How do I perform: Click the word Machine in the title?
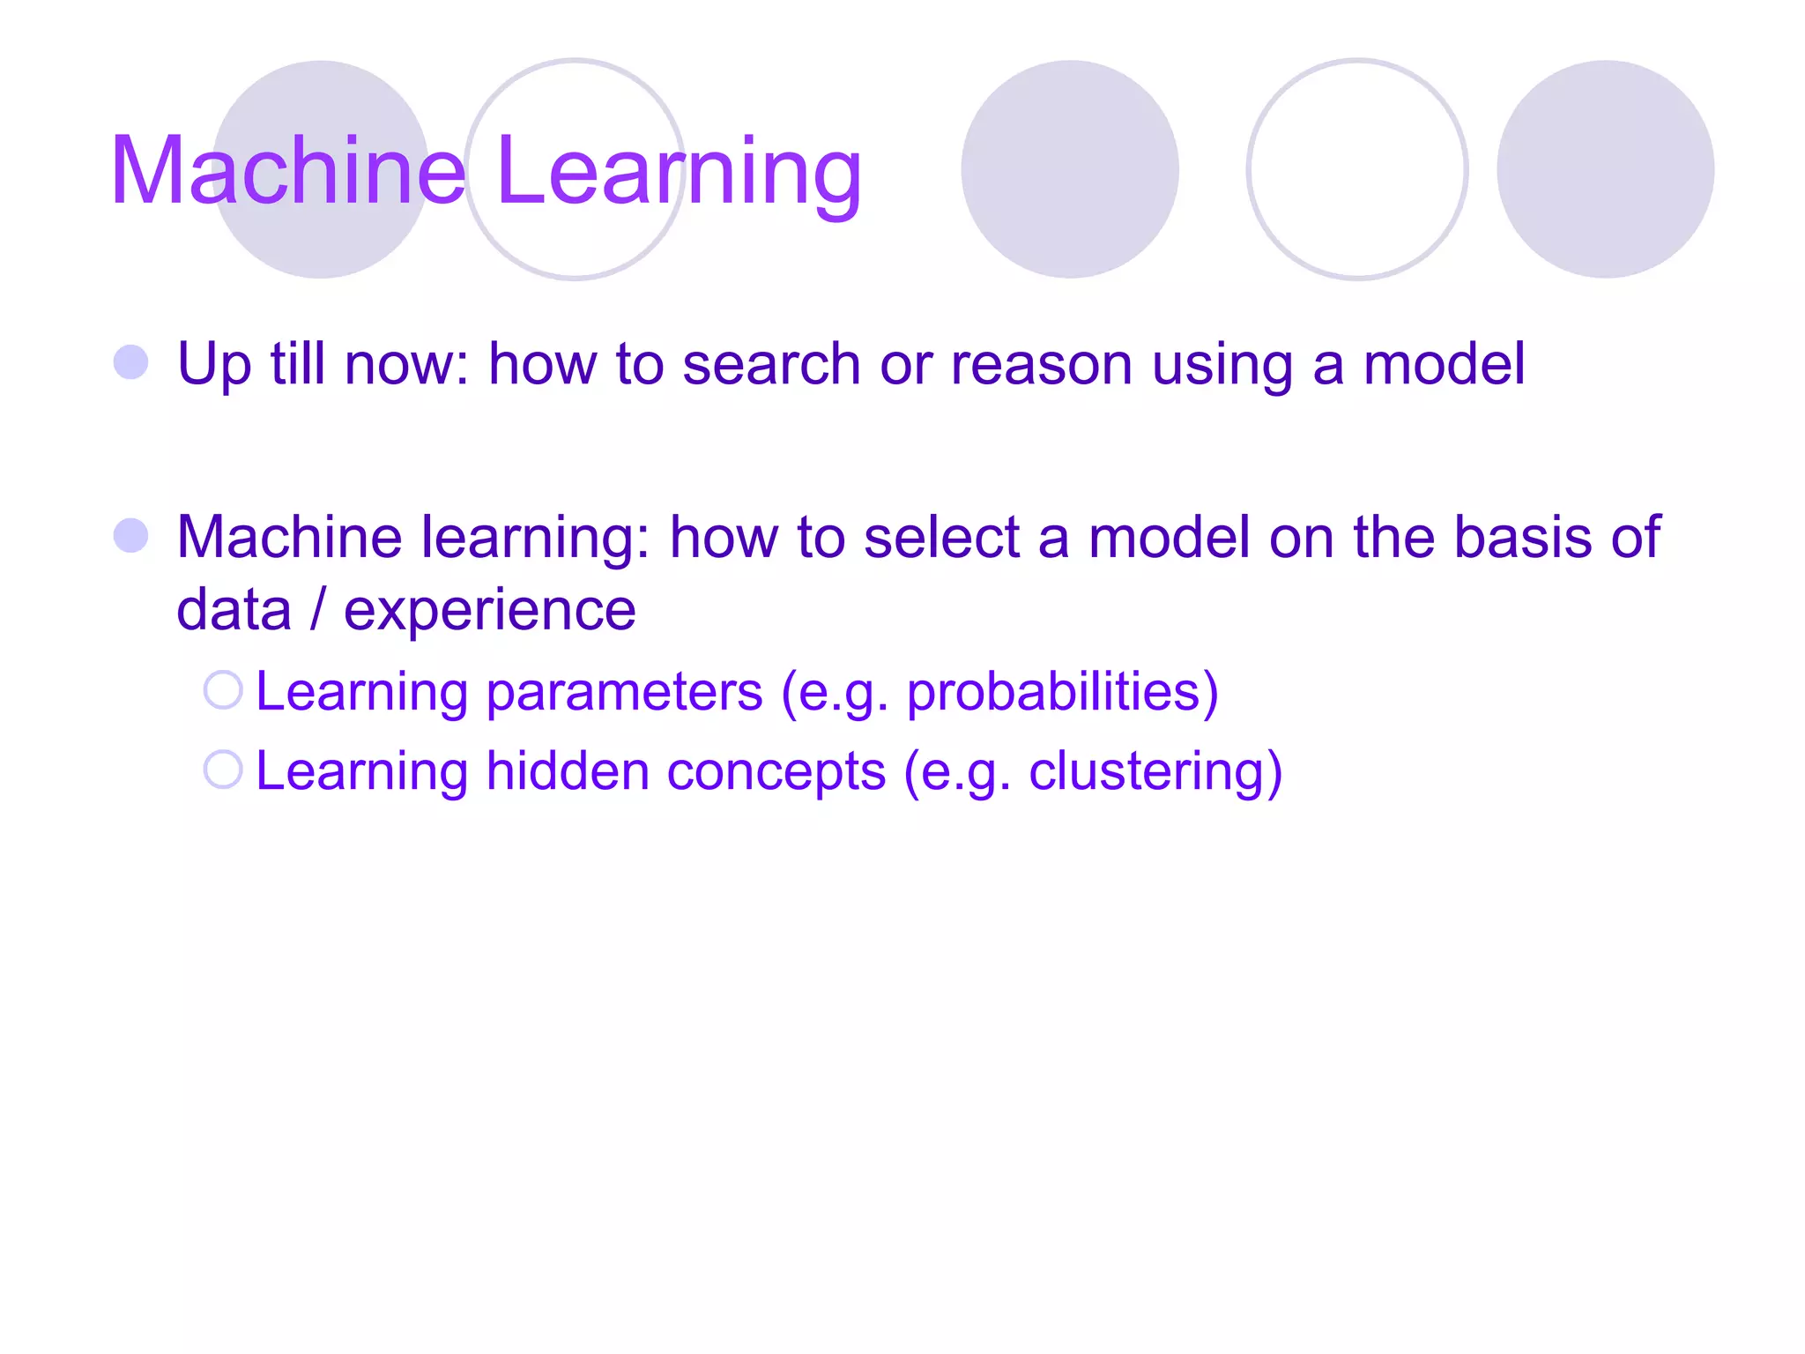click(287, 171)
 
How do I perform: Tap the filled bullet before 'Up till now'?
click(131, 362)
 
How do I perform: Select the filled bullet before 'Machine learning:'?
click(131, 535)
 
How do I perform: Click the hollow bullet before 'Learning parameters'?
click(223, 690)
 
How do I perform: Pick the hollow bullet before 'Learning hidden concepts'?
click(223, 770)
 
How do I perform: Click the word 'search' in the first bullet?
click(771, 364)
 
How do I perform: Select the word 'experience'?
click(489, 610)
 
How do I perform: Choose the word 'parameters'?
click(624, 691)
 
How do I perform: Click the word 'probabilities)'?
click(1062, 693)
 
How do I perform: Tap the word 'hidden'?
click(568, 771)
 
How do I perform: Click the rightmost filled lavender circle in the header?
click(1605, 169)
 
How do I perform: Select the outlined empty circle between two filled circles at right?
click(1356, 169)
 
